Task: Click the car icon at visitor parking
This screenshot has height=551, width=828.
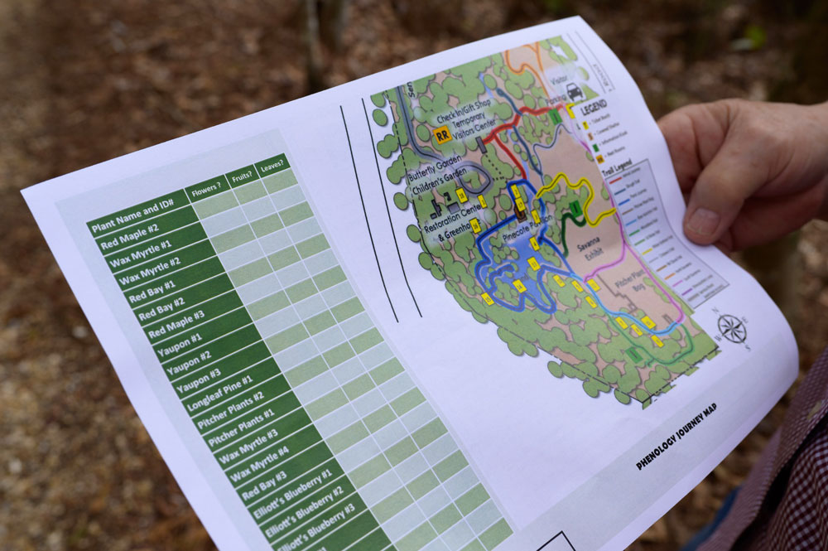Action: [x=573, y=93]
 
